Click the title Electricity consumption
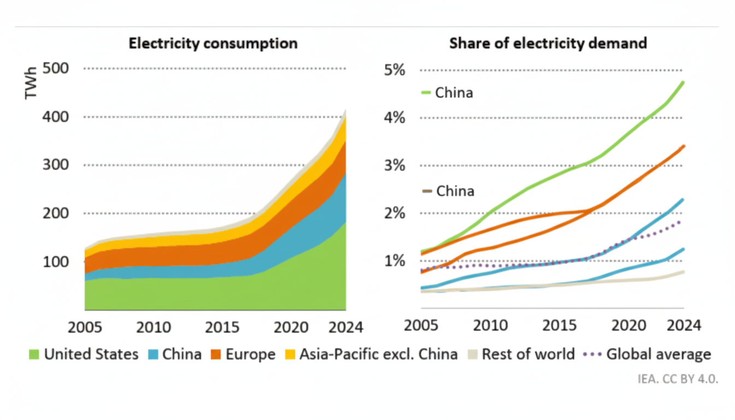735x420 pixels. click(213, 44)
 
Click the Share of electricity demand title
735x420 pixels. click(548, 43)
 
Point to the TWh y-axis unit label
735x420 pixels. click(31, 83)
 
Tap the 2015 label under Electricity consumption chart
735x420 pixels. click(221, 328)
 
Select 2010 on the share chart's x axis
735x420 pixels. click(490, 325)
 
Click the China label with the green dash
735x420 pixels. click(453, 93)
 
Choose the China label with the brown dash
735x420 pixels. click(454, 191)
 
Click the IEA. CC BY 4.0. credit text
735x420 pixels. click(678, 379)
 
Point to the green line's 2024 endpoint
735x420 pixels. click(683, 83)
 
